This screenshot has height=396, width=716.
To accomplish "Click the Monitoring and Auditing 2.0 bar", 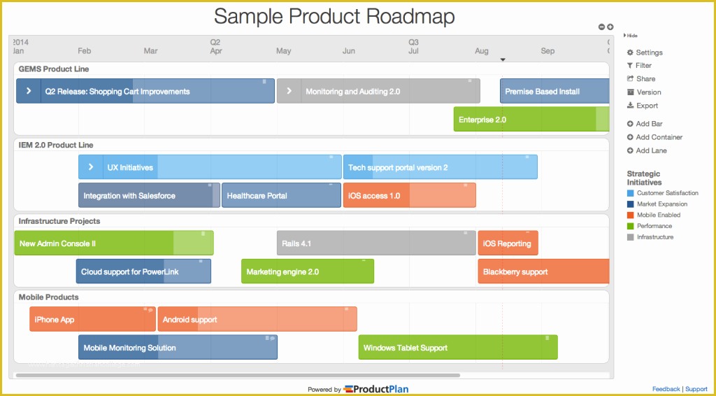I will tap(378, 92).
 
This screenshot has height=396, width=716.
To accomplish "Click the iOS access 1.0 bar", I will tap(409, 196).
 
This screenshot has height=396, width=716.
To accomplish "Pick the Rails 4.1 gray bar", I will tap(376, 243).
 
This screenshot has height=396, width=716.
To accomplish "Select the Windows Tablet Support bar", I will tap(457, 348).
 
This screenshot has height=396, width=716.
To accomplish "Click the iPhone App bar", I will tap(92, 320).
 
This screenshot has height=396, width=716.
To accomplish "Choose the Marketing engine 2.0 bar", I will tap(307, 271).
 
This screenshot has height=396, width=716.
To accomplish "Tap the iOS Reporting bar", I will tap(508, 243).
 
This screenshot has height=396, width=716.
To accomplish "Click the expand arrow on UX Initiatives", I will tap(91, 168).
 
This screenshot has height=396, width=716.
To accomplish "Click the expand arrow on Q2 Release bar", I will tap(29, 92).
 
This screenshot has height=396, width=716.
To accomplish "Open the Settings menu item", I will tap(648, 52).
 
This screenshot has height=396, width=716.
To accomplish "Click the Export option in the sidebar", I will tap(646, 106).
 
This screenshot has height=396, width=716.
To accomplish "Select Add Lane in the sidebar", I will tap(650, 150).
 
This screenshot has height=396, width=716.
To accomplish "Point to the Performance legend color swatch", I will tap(631, 226).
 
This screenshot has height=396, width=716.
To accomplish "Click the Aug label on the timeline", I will tap(482, 51).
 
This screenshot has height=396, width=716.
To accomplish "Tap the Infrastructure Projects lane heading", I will tap(59, 221).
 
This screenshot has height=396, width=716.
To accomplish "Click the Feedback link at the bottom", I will tap(666, 389).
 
